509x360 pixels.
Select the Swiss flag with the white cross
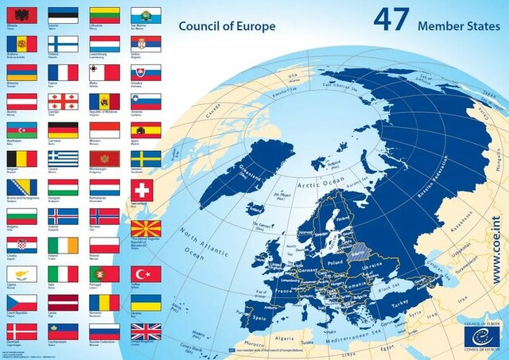(146, 188)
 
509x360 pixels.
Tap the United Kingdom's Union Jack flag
(146, 331)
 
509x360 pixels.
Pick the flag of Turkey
(146, 274)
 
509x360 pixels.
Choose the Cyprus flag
(21, 274)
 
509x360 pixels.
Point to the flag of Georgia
(63, 102)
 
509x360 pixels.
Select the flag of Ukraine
(146, 303)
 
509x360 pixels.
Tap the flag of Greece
(63, 159)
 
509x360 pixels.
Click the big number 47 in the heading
(391, 20)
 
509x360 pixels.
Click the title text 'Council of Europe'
(227, 26)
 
